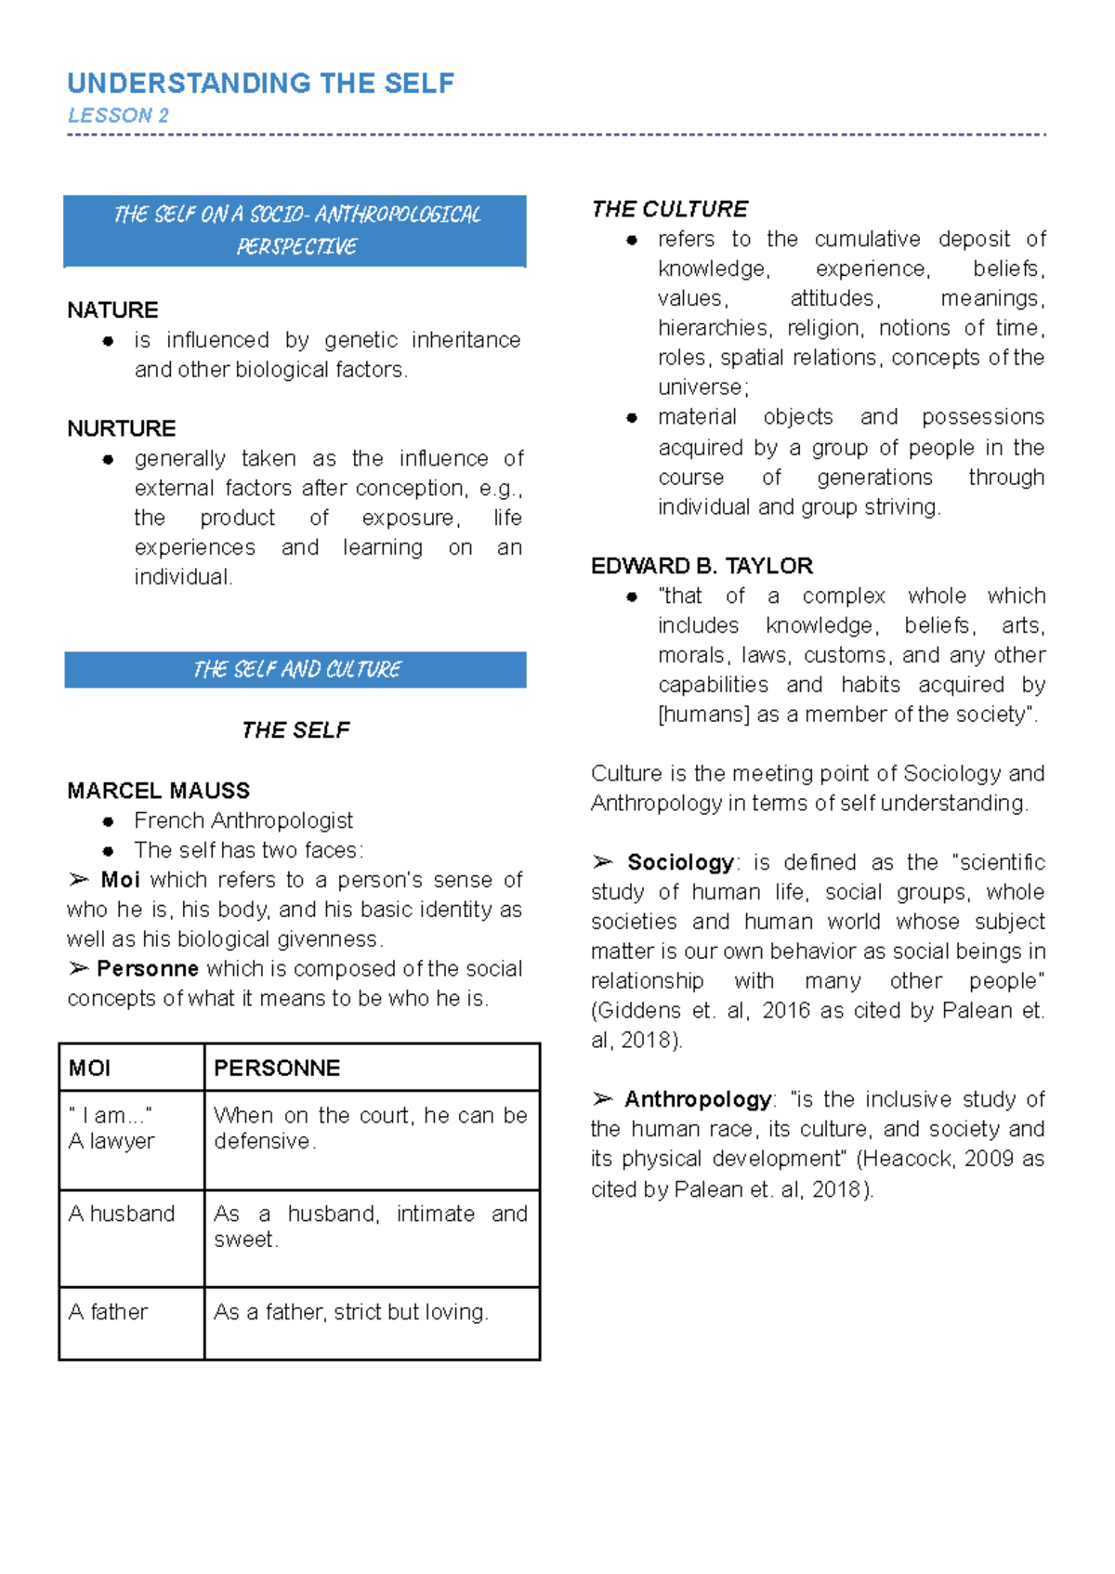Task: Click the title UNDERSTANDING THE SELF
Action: (x=260, y=84)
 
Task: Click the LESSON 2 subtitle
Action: (x=118, y=116)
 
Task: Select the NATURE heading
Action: (x=112, y=310)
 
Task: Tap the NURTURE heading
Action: (x=121, y=428)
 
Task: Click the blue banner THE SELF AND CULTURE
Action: (x=295, y=670)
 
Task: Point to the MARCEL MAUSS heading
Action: (x=158, y=791)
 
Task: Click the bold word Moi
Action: (x=120, y=880)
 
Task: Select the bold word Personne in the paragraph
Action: (x=147, y=969)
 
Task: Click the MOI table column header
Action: (x=89, y=1069)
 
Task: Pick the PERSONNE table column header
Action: (x=277, y=1069)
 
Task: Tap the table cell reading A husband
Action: (x=122, y=1214)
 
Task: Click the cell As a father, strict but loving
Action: (x=350, y=1312)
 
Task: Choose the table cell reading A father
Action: (x=108, y=1312)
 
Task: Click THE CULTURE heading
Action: (x=669, y=210)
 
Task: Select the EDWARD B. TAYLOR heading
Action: (x=702, y=566)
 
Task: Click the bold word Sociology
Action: (x=680, y=862)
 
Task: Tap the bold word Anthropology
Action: (x=698, y=1100)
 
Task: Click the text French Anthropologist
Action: (x=243, y=820)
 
